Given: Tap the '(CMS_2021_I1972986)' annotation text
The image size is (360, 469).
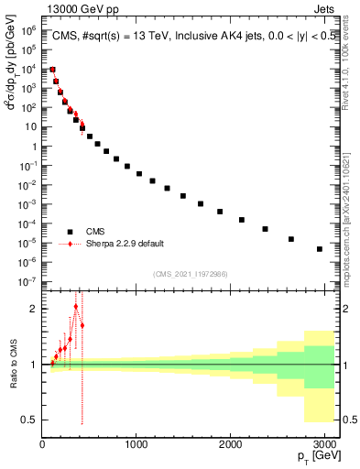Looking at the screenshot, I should click(190, 273).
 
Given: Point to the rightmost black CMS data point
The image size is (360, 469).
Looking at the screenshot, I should click(319, 248).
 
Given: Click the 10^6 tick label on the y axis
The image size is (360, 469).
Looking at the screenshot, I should click(28, 30).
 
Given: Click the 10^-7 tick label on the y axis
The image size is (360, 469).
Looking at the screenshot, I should click(28, 281).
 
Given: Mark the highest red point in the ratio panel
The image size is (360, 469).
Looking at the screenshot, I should click(76, 306).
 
